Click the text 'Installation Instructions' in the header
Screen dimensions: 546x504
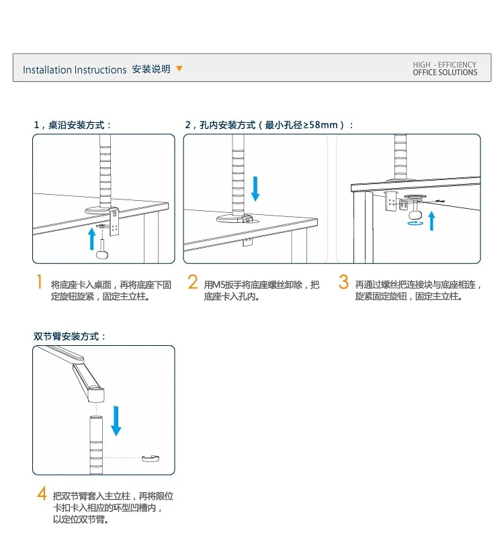pyautogui.click(x=75, y=70)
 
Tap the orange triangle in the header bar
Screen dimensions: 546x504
pyautogui.click(x=179, y=69)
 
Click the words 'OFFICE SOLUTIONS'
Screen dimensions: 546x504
pyautogui.click(x=445, y=73)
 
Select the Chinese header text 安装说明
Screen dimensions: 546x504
pyautogui.click(x=151, y=69)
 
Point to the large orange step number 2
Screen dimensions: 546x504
pyautogui.click(x=193, y=282)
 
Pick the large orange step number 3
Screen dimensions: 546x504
pyautogui.click(x=343, y=282)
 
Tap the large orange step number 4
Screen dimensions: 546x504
pyautogui.click(x=41, y=495)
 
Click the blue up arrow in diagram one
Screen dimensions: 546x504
pyautogui.click(x=92, y=238)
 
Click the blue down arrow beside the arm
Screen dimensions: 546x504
pyautogui.click(x=116, y=419)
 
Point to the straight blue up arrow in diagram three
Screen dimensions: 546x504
pyautogui.click(x=431, y=219)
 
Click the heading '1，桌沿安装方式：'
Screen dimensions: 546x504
pyautogui.click(x=73, y=125)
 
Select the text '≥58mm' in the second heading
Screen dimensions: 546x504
pyautogui.click(x=322, y=125)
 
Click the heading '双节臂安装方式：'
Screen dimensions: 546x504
pyautogui.click(x=70, y=336)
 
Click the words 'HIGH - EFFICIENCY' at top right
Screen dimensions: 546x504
pyautogui.click(x=445, y=64)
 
